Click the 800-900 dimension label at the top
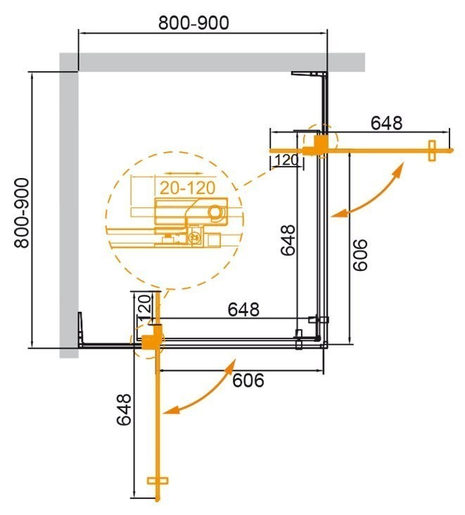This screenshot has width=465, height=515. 193,23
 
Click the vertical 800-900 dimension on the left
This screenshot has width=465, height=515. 22,211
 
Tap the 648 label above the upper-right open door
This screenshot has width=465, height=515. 386,122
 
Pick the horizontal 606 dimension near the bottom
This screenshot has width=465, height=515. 248,380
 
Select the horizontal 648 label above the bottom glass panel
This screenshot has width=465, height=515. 243,309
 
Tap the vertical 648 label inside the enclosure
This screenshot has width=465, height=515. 286,240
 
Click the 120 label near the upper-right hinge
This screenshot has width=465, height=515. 286,160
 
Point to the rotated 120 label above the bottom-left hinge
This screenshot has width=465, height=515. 144,307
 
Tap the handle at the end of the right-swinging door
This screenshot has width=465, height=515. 432,151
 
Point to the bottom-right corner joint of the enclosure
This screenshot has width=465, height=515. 322,342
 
